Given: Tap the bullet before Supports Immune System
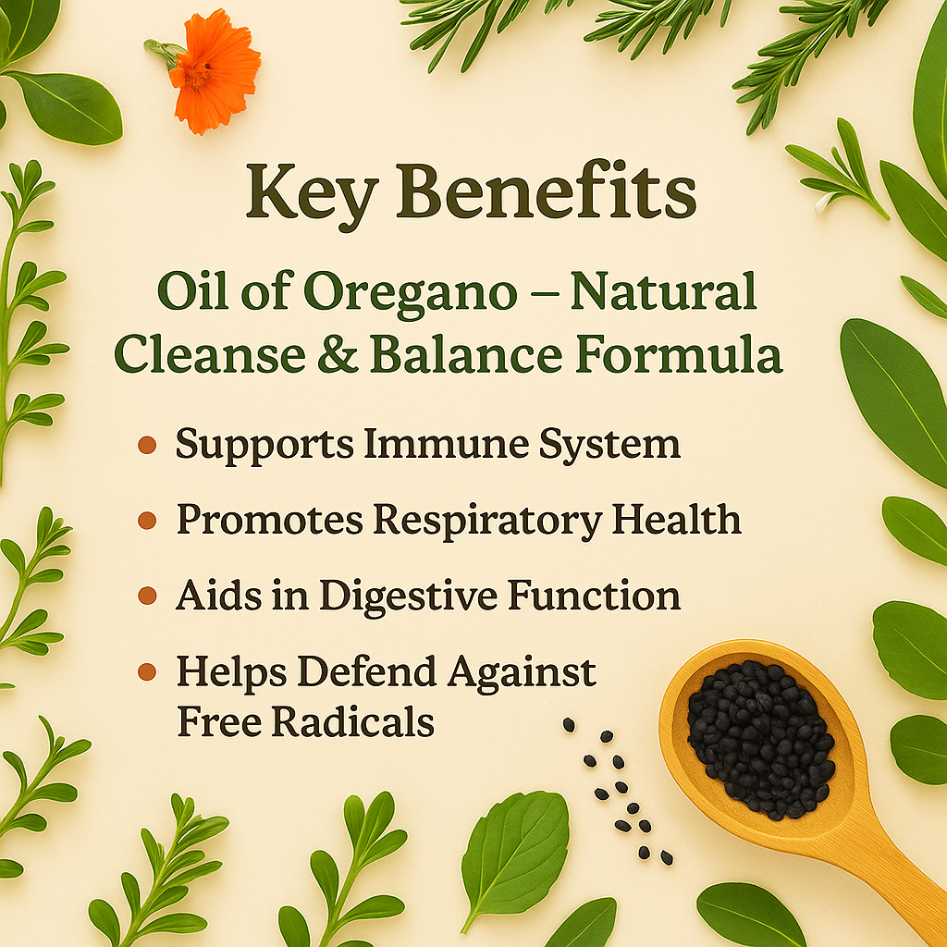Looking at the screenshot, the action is (147, 445).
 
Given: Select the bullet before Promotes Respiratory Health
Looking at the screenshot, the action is (147, 520).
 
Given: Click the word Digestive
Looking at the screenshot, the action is (408, 597).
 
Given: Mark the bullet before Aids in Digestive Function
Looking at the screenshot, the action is (147, 596).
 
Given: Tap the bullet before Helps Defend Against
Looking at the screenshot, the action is (147, 671).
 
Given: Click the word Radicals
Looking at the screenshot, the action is (352, 721).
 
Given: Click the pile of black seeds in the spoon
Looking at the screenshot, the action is (761, 739).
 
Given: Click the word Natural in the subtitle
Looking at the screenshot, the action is (664, 291).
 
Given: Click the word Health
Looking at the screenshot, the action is (676, 520).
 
